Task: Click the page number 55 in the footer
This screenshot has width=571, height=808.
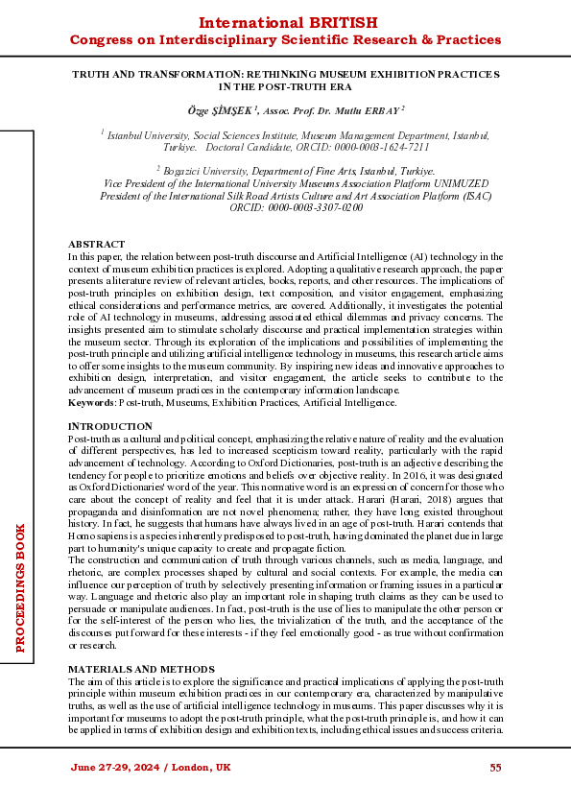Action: [496, 768]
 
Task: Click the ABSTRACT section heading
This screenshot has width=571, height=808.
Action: [96, 245]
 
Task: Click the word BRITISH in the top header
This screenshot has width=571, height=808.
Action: [341, 22]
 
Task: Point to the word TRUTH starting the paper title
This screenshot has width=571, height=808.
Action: [92, 74]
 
